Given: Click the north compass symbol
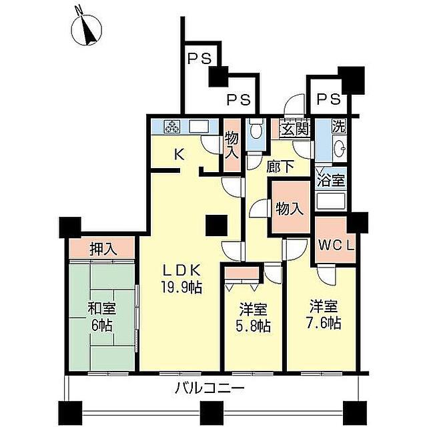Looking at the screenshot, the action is click(87, 29).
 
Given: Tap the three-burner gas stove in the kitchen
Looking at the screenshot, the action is click(172, 127).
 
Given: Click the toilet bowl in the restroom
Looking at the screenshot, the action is click(256, 130).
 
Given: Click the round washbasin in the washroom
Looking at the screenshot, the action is click(340, 148).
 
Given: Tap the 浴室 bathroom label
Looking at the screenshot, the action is click(331, 180).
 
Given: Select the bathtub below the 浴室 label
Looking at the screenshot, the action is click(331, 201).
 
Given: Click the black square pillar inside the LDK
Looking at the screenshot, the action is click(216, 226).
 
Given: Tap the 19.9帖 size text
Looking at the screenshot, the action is click(181, 288).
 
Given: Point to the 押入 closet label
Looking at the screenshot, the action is click(103, 249).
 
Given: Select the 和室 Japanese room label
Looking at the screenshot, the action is click(102, 308).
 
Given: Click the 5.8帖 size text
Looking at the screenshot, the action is click(253, 326).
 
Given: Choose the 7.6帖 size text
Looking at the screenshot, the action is click(324, 323).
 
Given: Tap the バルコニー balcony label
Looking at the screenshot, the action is click(209, 388).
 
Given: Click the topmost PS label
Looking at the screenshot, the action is click(200, 59).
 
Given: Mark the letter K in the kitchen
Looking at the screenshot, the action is click(179, 155).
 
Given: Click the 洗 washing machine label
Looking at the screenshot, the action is click(338, 127).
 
